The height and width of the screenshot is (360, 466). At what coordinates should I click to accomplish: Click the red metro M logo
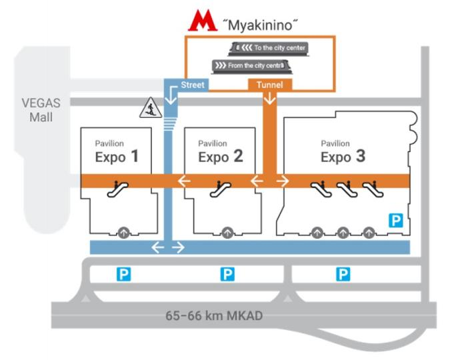pyautogui.click(x=203, y=20)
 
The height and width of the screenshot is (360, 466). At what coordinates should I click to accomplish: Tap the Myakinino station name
pyautogui.click(x=261, y=25)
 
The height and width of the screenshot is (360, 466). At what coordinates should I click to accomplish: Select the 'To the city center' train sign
pyautogui.click(x=269, y=49)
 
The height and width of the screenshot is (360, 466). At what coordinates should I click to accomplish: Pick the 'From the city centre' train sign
pyautogui.click(x=252, y=66)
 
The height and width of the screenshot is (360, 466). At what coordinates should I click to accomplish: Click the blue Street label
pyautogui.click(x=193, y=85)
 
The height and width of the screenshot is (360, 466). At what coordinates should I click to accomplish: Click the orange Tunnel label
pyautogui.click(x=270, y=85)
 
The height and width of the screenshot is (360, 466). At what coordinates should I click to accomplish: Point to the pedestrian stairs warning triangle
pyautogui.click(x=151, y=107)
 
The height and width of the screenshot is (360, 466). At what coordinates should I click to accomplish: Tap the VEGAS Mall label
pyautogui.click(x=41, y=110)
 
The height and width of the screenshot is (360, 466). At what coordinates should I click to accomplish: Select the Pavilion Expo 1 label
pyautogui.click(x=117, y=151)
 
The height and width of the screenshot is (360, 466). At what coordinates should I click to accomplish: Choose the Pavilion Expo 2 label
pyautogui.click(x=221, y=151)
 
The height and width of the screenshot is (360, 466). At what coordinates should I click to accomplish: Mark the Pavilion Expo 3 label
pyautogui.click(x=343, y=151)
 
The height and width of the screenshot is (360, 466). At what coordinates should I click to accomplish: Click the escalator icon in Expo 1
pyautogui.click(x=118, y=189)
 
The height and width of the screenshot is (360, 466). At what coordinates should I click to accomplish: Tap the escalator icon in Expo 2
pyautogui.click(x=221, y=189)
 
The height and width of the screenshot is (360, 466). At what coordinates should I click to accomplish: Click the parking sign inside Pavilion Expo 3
pyautogui.click(x=396, y=220)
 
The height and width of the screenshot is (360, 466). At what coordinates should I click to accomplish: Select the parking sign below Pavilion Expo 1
pyautogui.click(x=123, y=274)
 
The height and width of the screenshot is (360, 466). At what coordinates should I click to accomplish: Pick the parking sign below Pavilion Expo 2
pyautogui.click(x=227, y=274)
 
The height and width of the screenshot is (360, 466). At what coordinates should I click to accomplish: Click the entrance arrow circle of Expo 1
pyautogui.click(x=123, y=233)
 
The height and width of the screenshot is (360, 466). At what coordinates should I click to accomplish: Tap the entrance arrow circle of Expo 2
pyautogui.click(x=227, y=233)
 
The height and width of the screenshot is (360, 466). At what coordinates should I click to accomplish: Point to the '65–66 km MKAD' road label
pyautogui.click(x=214, y=315)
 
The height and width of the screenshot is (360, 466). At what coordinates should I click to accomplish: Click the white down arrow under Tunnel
pyautogui.click(x=270, y=99)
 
